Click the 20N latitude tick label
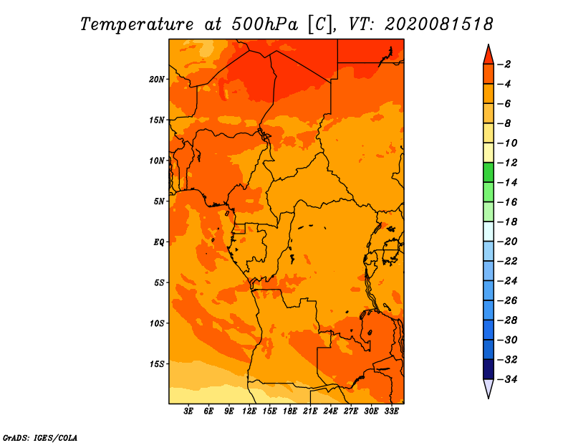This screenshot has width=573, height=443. [156, 80]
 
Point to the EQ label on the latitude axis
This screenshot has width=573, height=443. [158, 242]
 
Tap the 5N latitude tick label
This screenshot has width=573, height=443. [159, 201]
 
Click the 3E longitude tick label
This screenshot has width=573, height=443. [188, 411]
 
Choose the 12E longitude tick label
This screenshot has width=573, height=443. [249, 411]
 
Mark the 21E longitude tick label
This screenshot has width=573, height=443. [310, 411]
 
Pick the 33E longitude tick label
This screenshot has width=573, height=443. [391, 411]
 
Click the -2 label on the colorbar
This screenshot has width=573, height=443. [504, 65]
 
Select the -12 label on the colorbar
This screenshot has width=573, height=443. [507, 163]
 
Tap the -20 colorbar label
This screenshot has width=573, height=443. [507, 242]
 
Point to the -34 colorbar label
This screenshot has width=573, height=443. [507, 379]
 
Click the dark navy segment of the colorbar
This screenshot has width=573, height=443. [488, 369]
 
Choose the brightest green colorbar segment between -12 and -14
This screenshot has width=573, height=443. [488, 172]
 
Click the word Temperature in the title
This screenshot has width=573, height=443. [136, 24]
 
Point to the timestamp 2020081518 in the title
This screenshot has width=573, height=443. [438, 24]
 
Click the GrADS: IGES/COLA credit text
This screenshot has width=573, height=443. [40, 438]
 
